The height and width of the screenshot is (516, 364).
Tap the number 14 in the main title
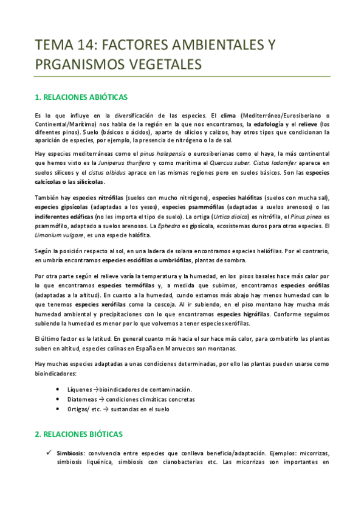point(82,44)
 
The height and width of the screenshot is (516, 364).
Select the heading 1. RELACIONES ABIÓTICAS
point(80,97)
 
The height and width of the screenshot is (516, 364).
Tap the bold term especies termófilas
point(126,285)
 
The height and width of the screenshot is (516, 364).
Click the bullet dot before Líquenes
point(57,389)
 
